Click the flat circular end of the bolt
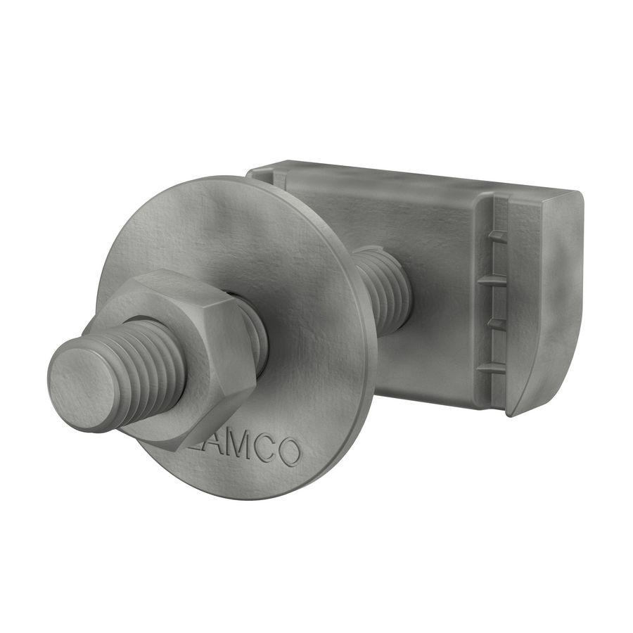tap(83, 383)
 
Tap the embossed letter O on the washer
tap(288, 454)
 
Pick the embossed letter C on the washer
tap(263, 451)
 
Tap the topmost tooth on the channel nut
tap(497, 236)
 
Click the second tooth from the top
tap(497, 279)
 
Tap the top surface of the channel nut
tap(415, 179)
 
